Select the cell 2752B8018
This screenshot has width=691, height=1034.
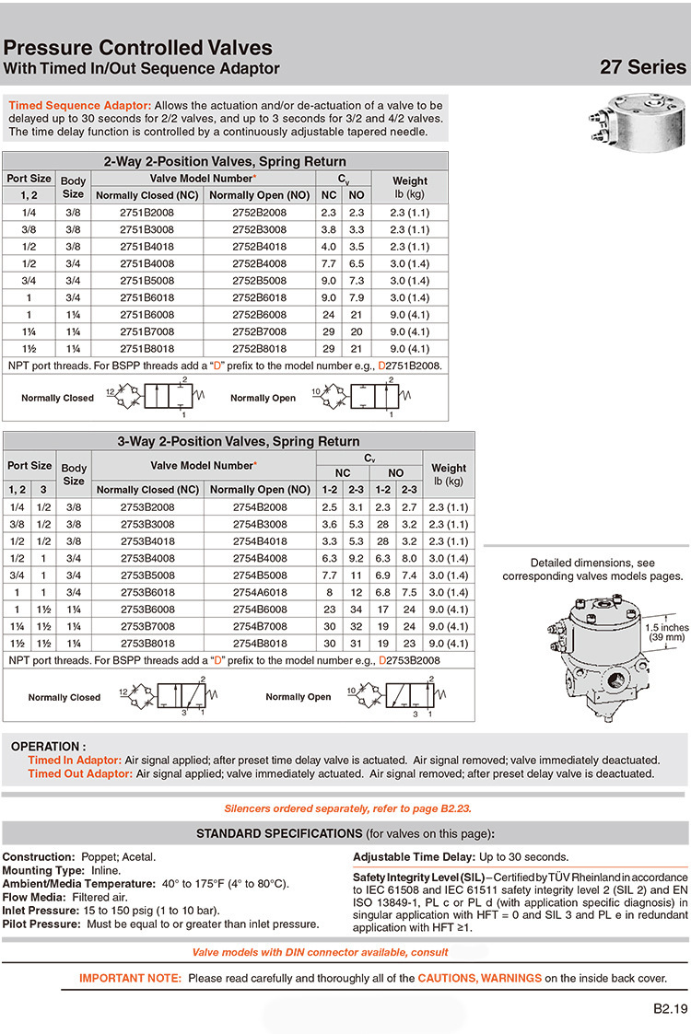[259, 349]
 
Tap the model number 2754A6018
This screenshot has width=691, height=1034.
[259, 592]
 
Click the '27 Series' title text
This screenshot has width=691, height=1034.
[642, 67]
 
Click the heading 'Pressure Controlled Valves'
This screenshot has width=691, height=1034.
[138, 48]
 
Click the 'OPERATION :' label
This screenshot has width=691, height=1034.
[49, 747]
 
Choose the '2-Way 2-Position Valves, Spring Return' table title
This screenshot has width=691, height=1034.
[225, 161]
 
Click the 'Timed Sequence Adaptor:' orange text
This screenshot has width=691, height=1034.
[80, 106]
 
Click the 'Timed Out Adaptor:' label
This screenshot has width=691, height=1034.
[80, 773]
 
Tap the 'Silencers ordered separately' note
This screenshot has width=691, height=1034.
[347, 809]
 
